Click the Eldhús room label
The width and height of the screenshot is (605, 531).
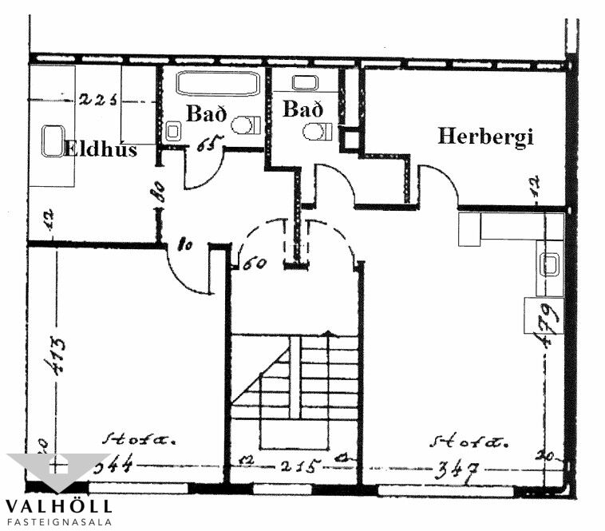[x=101, y=149]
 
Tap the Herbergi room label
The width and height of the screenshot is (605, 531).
[x=484, y=136]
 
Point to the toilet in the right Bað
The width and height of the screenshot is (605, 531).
[x=317, y=131]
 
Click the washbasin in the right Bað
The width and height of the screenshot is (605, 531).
[x=305, y=82]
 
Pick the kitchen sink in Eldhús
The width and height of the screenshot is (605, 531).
[x=53, y=141]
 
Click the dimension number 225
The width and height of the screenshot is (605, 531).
[x=98, y=100]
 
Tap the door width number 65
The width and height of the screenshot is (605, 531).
[x=209, y=145]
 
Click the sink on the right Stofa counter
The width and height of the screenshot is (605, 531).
[x=551, y=264]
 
